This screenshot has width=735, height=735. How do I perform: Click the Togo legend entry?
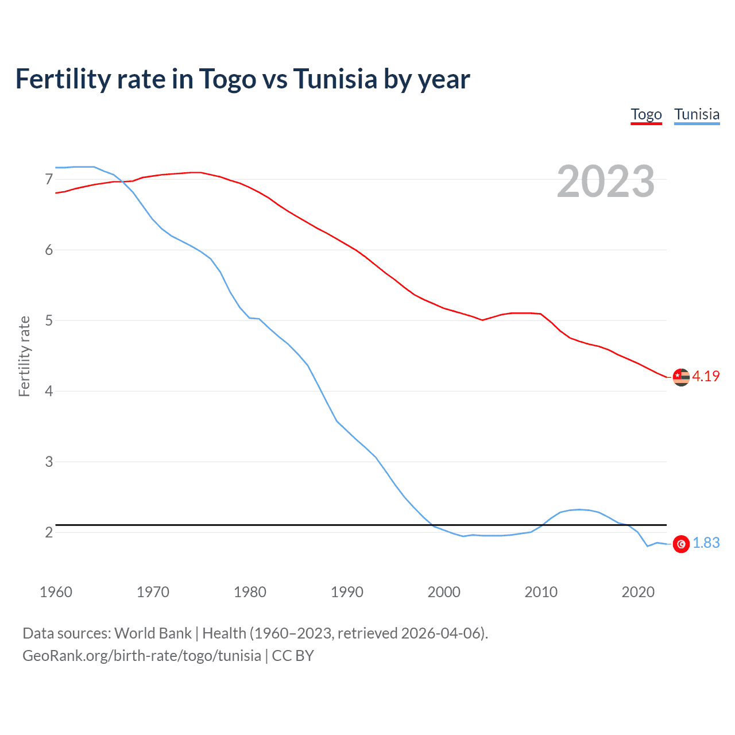coord(646,114)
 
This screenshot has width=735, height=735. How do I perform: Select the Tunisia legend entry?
coord(697,114)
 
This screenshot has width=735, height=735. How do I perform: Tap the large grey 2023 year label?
coord(606,181)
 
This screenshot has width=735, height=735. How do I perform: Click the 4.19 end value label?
coord(706,376)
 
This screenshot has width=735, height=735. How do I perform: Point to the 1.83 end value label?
coord(706,543)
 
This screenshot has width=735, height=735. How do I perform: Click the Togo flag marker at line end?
coord(681,377)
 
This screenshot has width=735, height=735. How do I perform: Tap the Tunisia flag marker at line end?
coord(681,544)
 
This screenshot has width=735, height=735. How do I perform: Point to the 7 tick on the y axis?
coord(49,180)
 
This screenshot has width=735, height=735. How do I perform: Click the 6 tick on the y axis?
coord(49,250)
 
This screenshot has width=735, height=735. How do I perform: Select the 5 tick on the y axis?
coord(49,320)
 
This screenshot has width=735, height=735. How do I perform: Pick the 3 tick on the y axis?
coord(49,462)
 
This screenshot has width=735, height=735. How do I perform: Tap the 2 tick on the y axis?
coord(49,532)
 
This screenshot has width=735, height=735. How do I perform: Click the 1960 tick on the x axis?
coord(56,592)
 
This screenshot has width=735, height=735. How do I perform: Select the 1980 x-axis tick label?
coord(250,592)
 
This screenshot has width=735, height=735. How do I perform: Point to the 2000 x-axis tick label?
coord(444,592)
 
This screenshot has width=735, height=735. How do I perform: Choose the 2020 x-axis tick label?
coord(638,592)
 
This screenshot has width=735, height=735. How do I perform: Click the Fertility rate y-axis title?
coord(24,356)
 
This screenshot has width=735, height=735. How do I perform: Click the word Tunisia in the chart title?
coord(335,79)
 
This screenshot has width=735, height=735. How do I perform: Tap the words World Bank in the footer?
coord(153,633)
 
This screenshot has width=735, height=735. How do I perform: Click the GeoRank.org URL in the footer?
coord(142,656)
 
